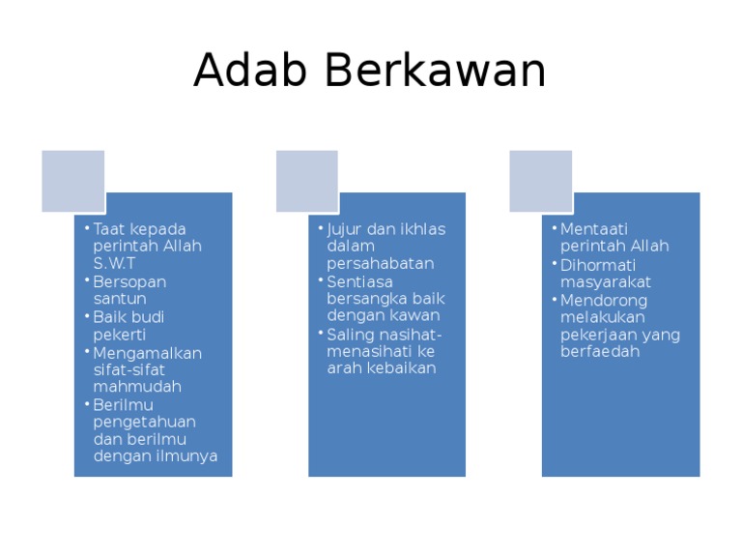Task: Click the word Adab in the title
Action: [x=251, y=71]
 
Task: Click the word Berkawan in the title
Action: [x=435, y=71]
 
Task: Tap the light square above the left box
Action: [x=72, y=181]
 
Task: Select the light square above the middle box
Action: [x=307, y=181]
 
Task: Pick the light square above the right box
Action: [x=541, y=181]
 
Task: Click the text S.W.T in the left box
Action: [x=115, y=263]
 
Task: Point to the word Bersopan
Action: [x=129, y=281]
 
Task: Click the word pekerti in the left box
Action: [x=119, y=334]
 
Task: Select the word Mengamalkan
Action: [x=147, y=352]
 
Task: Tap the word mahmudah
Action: [x=137, y=387]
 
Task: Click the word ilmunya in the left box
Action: [x=187, y=456]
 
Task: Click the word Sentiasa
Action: [x=359, y=281]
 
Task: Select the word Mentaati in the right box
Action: [x=594, y=229]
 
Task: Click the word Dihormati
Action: [x=598, y=264]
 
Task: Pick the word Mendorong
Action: [x=604, y=300]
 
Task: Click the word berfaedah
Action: [x=600, y=352]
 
